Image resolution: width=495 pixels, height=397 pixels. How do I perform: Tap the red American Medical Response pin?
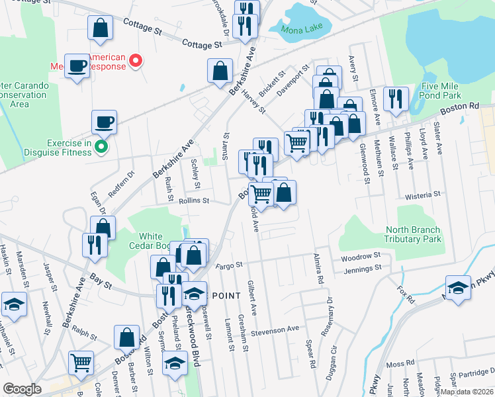(136, 62)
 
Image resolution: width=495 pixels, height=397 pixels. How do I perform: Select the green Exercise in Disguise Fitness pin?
(101, 146)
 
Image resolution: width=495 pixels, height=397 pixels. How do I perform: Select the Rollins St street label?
(193, 200)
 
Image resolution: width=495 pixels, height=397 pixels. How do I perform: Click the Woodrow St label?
(361, 255)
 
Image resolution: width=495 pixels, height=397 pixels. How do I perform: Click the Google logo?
(22, 389)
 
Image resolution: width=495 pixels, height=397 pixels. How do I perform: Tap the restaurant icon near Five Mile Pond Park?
(396, 99)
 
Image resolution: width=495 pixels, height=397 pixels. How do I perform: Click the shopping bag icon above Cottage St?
(99, 28)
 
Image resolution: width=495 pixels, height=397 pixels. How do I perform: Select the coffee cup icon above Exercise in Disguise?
(104, 122)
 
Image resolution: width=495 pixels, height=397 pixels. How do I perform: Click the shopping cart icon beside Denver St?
(81, 362)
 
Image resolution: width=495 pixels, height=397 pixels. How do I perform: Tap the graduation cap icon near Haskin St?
(14, 304)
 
